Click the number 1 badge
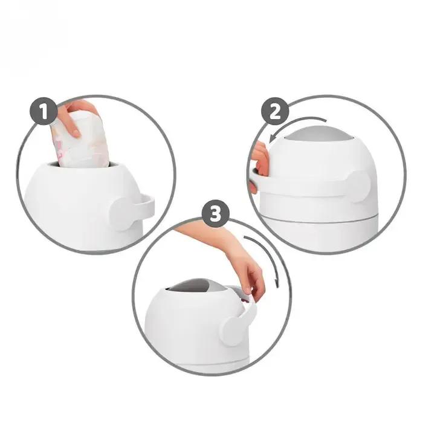coord(44,111)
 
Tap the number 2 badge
coord(275,111)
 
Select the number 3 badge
coord(216,214)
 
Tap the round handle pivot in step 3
coord(232,331)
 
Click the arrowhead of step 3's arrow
coord(277,283)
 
